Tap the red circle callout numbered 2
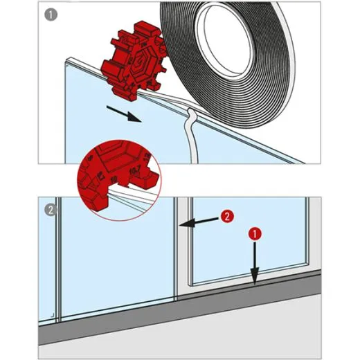click(227, 216)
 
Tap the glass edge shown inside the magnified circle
click(132, 197)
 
